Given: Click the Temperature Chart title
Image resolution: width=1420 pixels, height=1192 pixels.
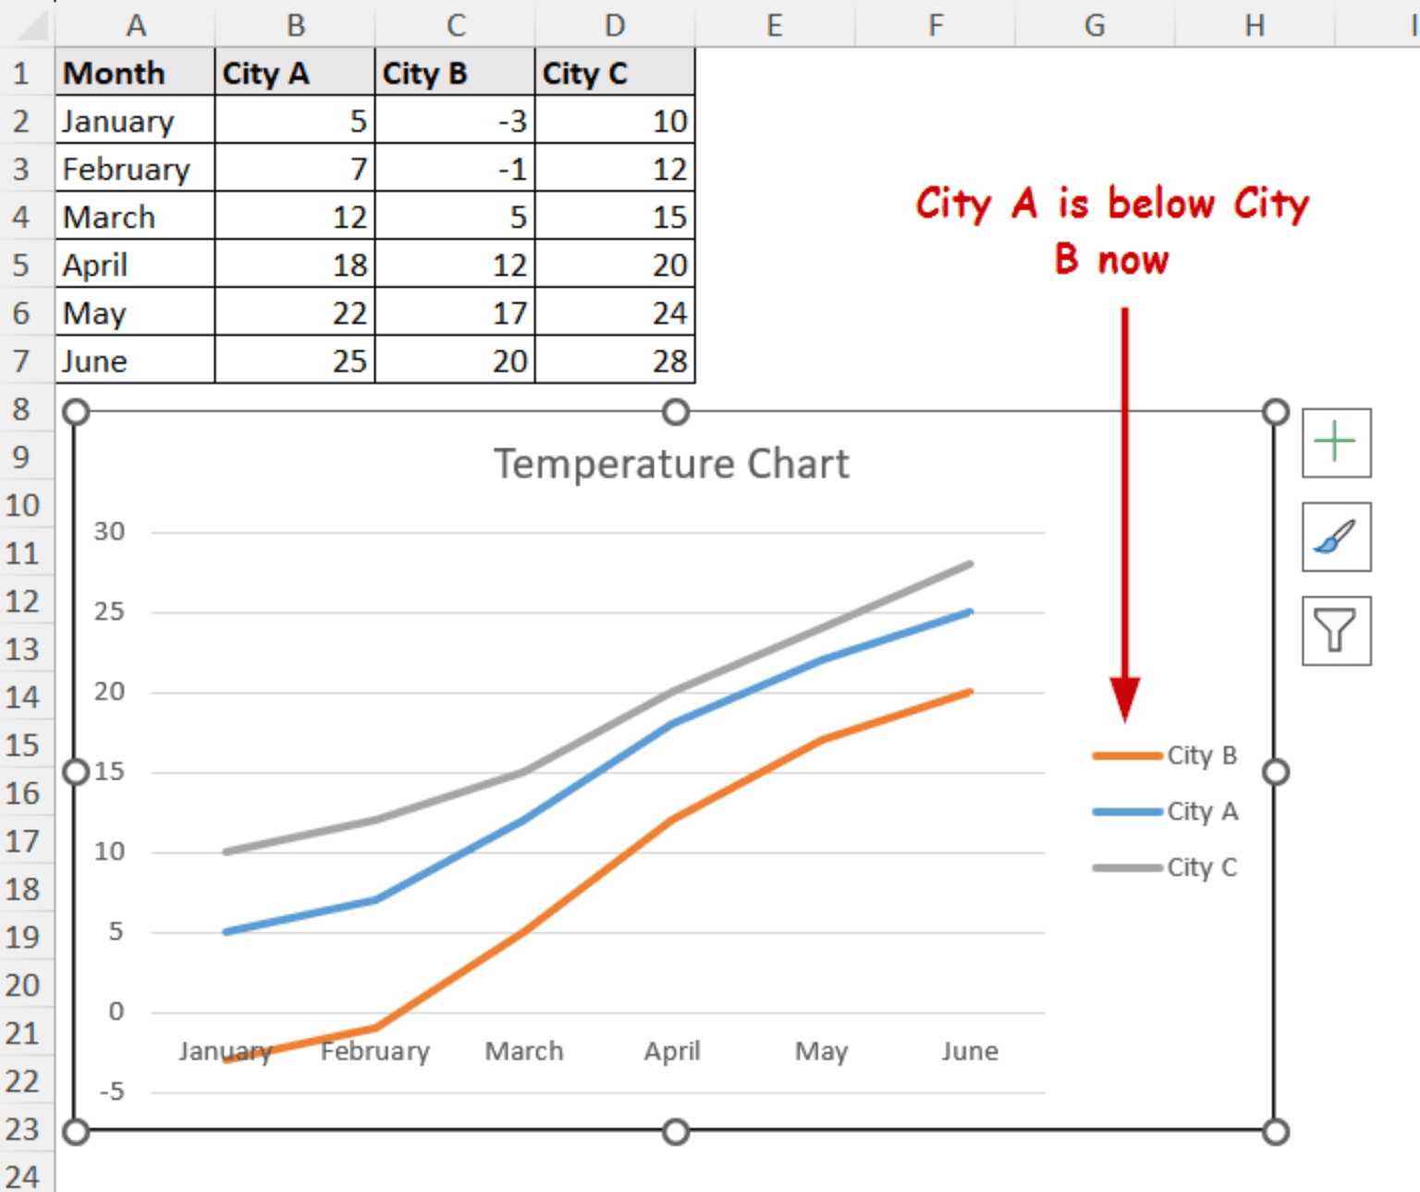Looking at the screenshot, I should point(671,464).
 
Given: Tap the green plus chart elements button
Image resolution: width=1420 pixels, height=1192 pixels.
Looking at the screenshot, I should point(1335,443).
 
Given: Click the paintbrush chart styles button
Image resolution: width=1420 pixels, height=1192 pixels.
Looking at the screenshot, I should point(1335,537).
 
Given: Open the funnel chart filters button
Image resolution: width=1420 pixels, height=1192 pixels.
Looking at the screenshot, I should point(1335,631).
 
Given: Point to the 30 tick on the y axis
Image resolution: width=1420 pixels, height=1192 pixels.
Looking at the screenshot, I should point(109,532).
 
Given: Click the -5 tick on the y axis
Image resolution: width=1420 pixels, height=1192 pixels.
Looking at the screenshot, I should point(111,1092).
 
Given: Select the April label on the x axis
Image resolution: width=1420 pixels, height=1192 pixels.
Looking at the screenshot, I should point(672,1051).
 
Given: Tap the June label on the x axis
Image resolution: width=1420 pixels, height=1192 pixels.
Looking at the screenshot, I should point(970,1051).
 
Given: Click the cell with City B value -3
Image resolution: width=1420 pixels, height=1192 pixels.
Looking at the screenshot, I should point(455,121).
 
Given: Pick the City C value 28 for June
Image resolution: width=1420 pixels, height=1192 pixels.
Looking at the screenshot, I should point(615,361).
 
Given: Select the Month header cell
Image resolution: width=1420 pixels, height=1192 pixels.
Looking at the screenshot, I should point(135,73).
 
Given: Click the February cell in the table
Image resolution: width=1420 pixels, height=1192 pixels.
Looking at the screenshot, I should point(135,169).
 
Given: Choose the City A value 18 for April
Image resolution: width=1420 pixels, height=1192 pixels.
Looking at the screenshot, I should point(295,265).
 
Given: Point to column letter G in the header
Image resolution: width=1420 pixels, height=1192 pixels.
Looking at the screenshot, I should point(1095,25).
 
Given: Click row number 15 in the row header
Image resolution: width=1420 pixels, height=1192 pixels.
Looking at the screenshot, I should point(23,745).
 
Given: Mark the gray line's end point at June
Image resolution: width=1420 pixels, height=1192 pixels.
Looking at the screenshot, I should point(970,564).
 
